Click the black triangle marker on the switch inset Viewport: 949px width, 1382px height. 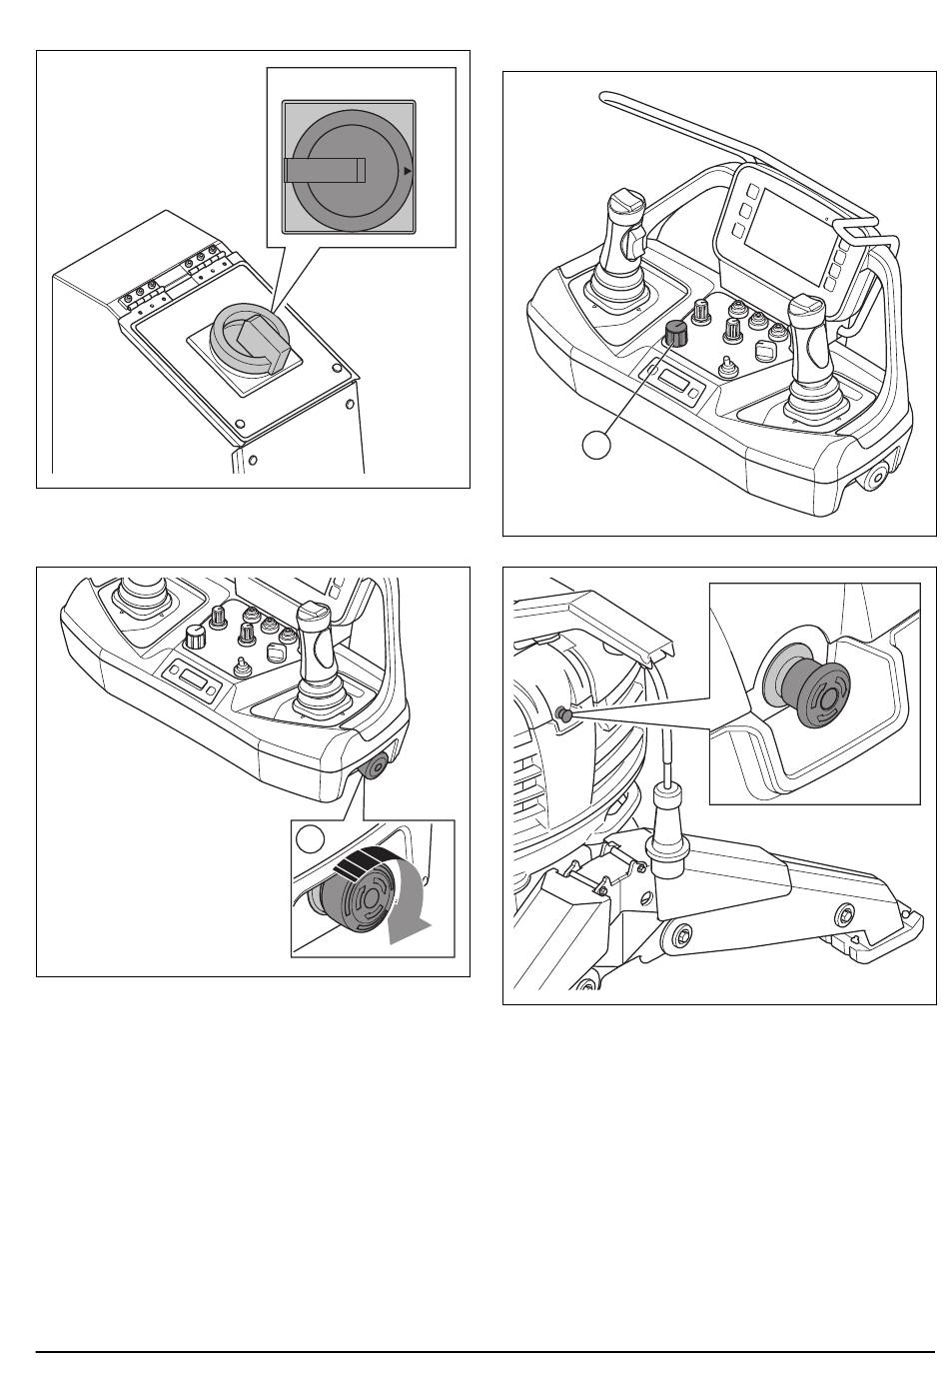407,172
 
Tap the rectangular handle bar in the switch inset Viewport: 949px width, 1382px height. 323,171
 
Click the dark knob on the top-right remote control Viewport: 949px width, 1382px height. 676,336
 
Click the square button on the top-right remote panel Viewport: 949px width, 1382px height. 766,352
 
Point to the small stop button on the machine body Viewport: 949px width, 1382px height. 562,713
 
